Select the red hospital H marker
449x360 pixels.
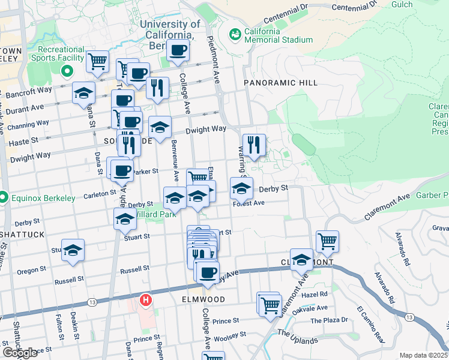click(145, 299)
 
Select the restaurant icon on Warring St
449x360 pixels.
click(253, 145)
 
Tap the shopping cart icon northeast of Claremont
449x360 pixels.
click(327, 241)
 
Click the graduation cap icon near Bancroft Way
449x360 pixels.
click(84, 93)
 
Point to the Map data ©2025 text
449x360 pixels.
click(423, 355)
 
